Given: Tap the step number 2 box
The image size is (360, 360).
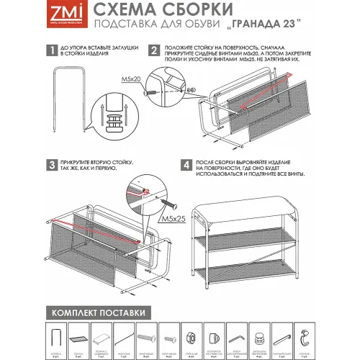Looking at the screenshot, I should pyautogui.click(x=154, y=51).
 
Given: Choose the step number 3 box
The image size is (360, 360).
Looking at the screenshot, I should pyautogui.click(x=50, y=165).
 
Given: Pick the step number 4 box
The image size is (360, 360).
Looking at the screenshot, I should pyautogui.click(x=186, y=165).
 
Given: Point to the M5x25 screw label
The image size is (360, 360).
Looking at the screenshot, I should pyautogui.click(x=171, y=217).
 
